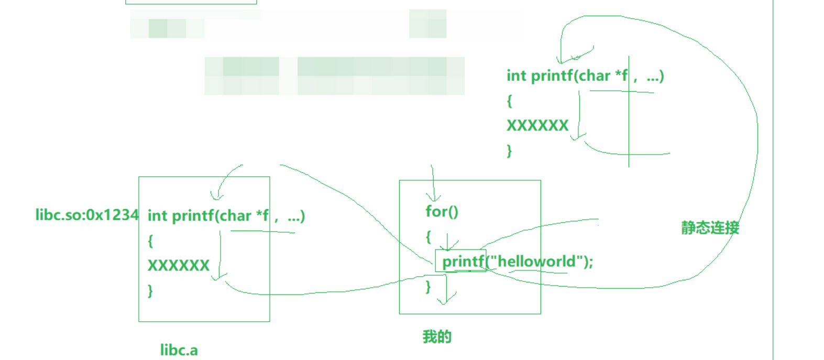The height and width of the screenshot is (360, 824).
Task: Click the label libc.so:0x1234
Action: pyautogui.click(x=86, y=215)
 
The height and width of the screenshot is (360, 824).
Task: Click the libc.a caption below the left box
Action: pyautogui.click(x=179, y=350)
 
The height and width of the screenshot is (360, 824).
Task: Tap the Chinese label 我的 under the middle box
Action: pyautogui.click(x=437, y=336)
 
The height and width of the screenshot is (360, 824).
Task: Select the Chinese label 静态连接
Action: pyautogui.click(x=710, y=227)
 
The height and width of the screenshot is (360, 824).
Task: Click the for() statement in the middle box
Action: pyautogui.click(x=442, y=211)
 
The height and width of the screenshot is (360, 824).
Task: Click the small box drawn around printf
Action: pyautogui.click(x=460, y=261)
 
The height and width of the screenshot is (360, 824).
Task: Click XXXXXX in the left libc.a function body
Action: pyautogui.click(x=178, y=265)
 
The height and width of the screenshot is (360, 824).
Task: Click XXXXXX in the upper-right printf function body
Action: pyautogui.click(x=537, y=125)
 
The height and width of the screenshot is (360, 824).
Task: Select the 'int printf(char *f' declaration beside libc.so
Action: pyautogui.click(x=208, y=215)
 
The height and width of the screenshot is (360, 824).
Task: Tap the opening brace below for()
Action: pyautogui.click(x=428, y=237)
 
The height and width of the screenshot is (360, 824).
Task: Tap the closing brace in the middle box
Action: pyautogui.click(x=428, y=286)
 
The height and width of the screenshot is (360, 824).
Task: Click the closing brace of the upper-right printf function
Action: pyautogui.click(x=509, y=151)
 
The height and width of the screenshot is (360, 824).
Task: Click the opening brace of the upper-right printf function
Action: pyautogui.click(x=509, y=101)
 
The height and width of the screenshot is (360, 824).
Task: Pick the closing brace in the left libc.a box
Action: pyautogui.click(x=150, y=290)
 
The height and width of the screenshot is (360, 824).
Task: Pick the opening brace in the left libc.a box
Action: pyautogui.click(x=150, y=241)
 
